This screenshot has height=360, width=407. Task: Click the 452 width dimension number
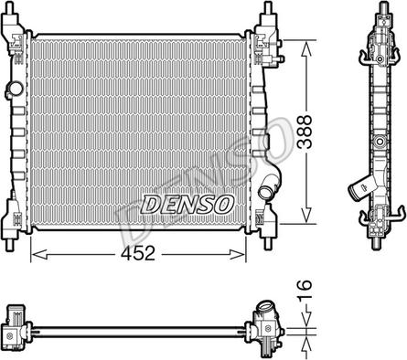(138, 253)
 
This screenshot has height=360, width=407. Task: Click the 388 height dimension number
(305, 132)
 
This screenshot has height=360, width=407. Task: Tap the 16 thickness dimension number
(305, 291)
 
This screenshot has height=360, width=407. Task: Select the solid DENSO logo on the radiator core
(187, 204)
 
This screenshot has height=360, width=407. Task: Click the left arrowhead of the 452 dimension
(39, 254)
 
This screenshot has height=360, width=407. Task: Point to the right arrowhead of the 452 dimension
(238, 254)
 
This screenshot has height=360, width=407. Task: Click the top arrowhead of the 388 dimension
(306, 48)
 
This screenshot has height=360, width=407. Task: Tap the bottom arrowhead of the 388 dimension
(306, 216)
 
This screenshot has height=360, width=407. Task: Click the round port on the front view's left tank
(16, 89)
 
